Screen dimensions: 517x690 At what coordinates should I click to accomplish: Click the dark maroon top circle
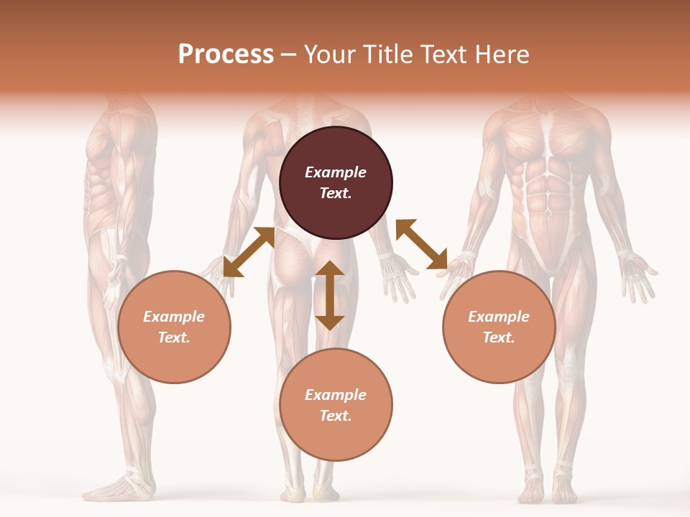[x=336, y=183]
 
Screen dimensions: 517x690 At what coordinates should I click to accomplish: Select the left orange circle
[x=174, y=327]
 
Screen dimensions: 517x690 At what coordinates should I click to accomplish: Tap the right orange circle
[x=499, y=327]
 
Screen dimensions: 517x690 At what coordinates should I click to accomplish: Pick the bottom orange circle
[x=336, y=405]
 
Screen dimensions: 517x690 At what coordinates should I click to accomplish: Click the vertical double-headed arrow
[x=330, y=295]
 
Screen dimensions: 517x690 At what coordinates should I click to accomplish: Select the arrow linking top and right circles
[x=421, y=244]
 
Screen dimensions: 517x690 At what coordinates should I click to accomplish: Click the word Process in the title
[x=226, y=54]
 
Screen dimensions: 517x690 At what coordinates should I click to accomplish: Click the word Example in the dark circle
[x=336, y=172]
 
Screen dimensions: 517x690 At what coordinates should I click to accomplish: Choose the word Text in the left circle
[x=173, y=337]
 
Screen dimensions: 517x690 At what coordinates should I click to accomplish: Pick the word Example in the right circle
[x=499, y=317]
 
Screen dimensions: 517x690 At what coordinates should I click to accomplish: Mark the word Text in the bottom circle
[x=335, y=416]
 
